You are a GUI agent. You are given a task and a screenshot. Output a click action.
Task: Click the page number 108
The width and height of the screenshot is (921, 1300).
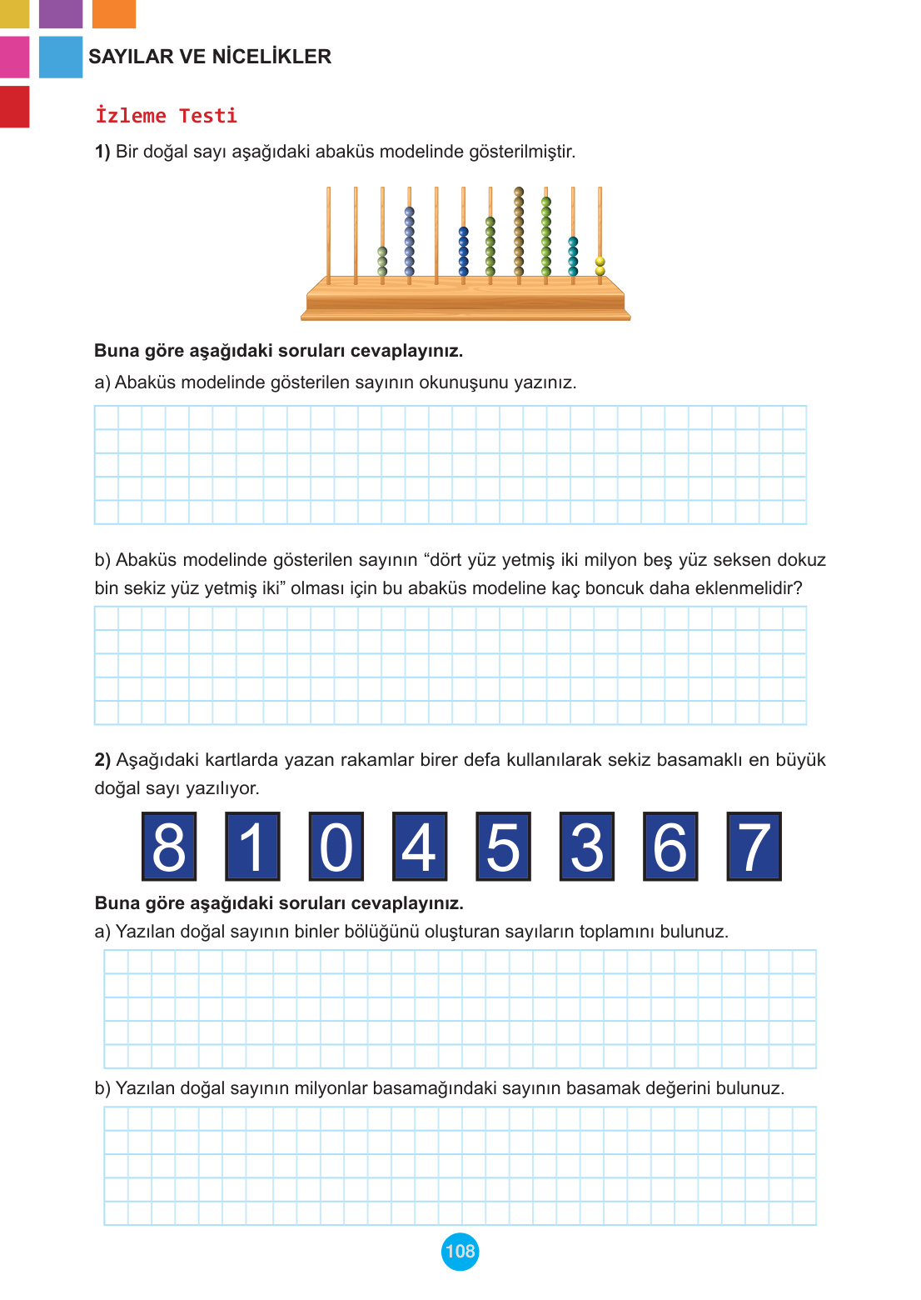pos(460,1251)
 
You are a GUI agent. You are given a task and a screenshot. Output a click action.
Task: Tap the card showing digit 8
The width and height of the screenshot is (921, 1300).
pos(169,847)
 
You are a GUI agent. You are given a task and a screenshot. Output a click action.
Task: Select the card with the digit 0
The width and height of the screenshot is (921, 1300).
pos(336,847)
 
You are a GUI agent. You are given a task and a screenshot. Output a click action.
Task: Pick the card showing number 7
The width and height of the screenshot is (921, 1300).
pos(754,847)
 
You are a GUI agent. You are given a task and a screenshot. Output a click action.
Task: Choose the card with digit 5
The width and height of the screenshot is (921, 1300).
pos(503,847)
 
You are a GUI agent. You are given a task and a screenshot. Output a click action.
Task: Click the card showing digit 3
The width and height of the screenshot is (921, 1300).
pos(586,847)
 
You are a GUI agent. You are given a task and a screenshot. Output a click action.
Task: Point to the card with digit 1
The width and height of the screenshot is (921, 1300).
pos(252,847)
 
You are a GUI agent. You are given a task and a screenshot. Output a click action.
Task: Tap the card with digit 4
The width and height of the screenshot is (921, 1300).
pos(420,847)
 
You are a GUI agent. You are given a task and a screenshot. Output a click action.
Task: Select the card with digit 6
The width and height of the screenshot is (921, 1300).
pos(670,847)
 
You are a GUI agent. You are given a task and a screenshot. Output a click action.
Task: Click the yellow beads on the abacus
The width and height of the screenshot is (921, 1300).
pos(600,266)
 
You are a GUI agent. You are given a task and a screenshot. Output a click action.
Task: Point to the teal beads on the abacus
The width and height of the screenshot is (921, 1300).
pos(573,256)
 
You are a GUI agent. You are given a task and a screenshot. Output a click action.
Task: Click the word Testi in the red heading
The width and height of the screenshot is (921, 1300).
pos(208,116)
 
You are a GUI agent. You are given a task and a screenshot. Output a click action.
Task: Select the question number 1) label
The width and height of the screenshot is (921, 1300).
pos(102,152)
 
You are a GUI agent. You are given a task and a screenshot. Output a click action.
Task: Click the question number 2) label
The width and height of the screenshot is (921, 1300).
pos(102,760)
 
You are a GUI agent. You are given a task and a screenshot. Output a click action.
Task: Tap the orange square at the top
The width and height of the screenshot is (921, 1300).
pos(114,13)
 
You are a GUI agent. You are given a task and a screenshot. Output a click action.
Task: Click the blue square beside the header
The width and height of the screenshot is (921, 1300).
pos(61,57)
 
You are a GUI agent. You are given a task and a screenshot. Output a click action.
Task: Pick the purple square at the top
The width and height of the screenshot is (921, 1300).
pos(61,13)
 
